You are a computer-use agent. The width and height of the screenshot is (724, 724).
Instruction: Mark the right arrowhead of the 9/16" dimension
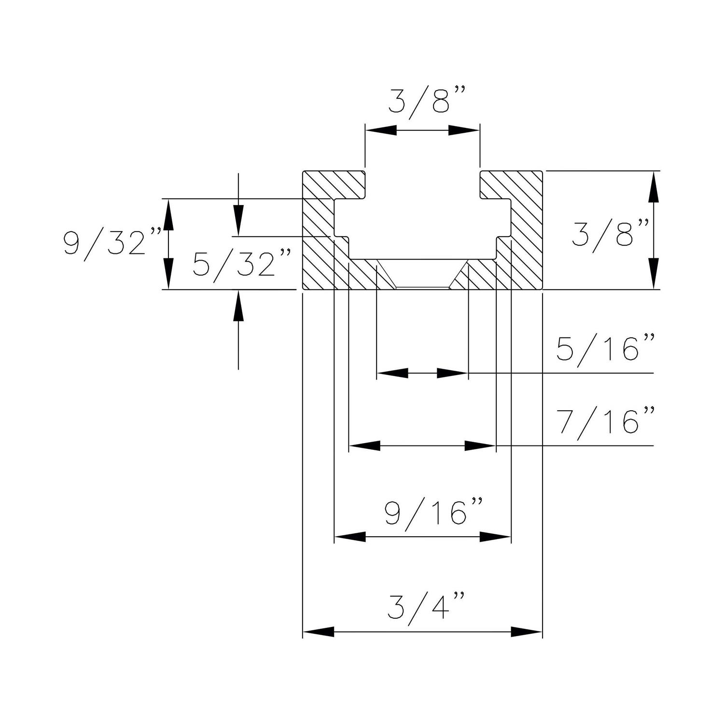495,537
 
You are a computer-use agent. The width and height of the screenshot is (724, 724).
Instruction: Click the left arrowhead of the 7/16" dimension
364,446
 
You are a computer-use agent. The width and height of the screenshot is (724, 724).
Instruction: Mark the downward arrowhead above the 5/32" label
238,221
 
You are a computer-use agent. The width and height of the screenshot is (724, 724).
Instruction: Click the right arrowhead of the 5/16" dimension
452,373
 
